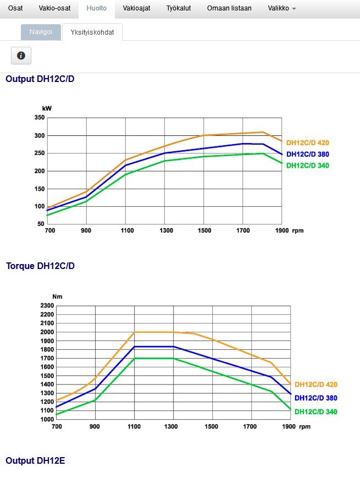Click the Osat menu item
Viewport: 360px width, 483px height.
(x=15, y=8)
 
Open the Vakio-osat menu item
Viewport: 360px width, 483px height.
(x=54, y=8)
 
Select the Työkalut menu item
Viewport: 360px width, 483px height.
(x=179, y=8)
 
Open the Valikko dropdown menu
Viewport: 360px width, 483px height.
(x=282, y=8)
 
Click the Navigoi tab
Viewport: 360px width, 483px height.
(x=41, y=32)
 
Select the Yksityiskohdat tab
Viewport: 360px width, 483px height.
(x=92, y=32)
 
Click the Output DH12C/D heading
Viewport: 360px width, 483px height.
(x=40, y=79)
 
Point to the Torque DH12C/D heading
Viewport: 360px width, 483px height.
(x=40, y=266)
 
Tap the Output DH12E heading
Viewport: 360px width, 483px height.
(x=35, y=460)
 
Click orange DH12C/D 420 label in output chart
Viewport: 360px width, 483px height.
(x=308, y=143)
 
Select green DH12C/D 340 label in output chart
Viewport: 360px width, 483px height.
(x=308, y=166)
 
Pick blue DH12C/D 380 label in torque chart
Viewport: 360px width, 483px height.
(x=316, y=398)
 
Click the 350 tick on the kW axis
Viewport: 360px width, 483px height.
(x=39, y=118)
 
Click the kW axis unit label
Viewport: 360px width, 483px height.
(x=47, y=109)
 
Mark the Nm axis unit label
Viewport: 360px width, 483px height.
(x=57, y=297)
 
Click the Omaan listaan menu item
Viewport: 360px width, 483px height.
(x=229, y=8)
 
